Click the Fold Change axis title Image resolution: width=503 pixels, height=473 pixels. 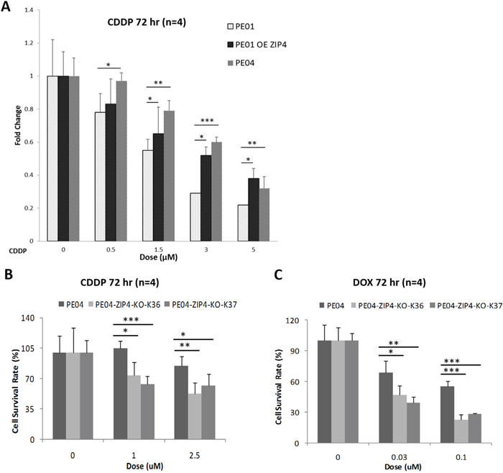coord(18,144)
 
